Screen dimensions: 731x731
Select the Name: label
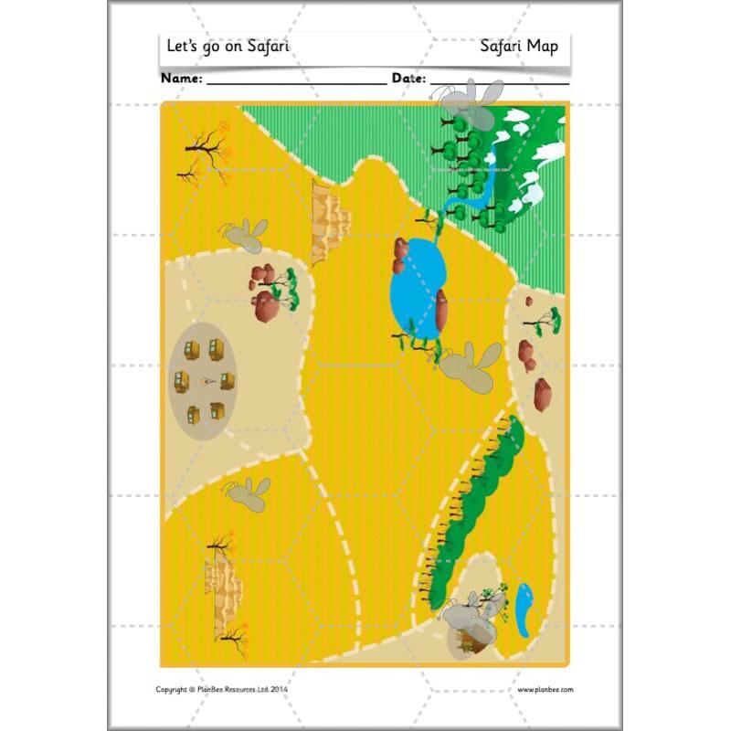click(182, 79)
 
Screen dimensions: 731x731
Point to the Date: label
click(408, 79)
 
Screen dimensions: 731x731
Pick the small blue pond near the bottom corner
click(525, 610)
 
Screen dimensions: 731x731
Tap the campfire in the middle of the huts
click(205, 381)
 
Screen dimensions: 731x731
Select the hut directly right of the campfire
click(227, 380)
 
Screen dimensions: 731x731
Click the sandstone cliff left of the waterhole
click(330, 219)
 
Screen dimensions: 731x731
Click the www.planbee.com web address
click(546, 690)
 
